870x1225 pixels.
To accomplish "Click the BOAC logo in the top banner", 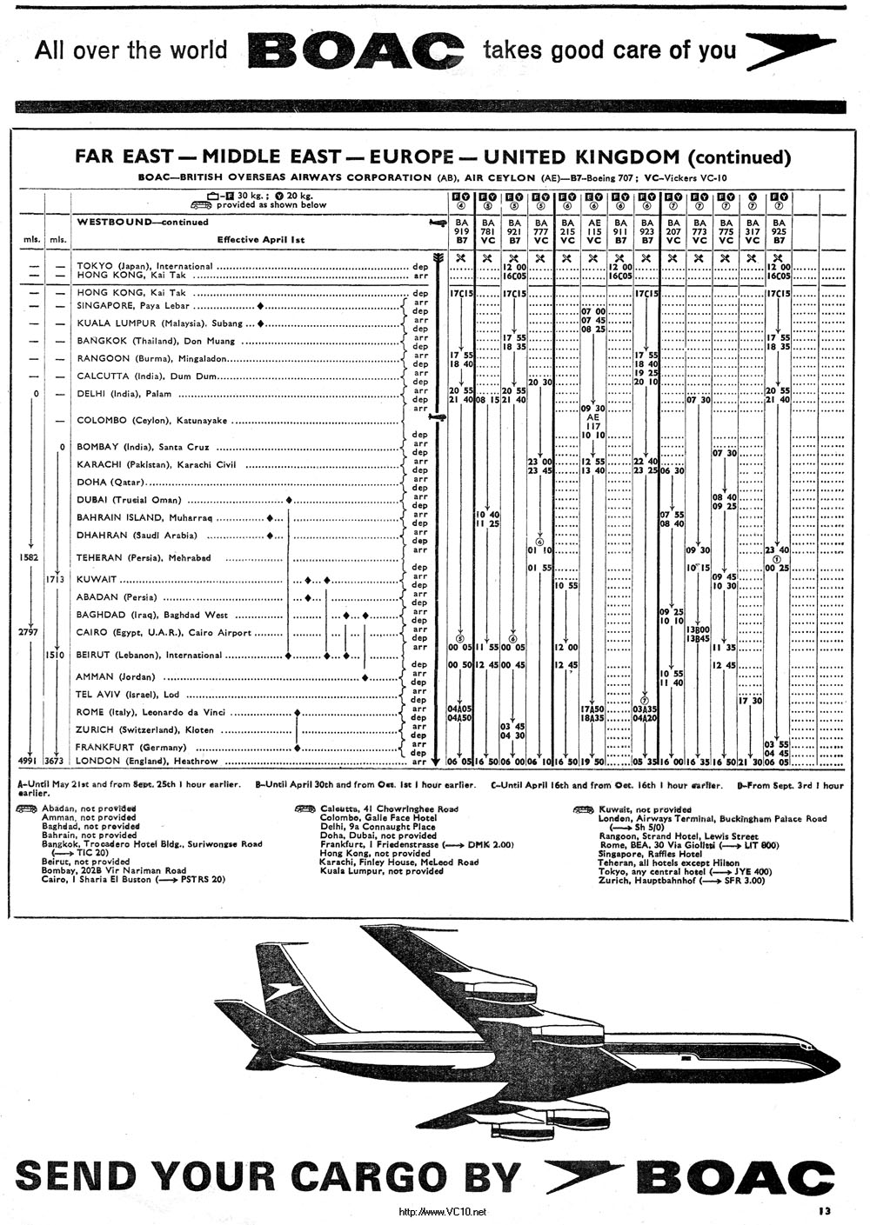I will click(357, 50).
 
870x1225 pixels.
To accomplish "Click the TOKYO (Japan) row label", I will click(144, 266).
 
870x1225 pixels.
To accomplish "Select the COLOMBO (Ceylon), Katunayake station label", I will click(152, 421).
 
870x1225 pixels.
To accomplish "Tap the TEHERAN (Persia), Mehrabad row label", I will click(144, 557).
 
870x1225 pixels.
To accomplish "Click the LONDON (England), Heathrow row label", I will click(147, 761).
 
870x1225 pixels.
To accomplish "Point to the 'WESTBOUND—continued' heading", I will click(143, 223).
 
